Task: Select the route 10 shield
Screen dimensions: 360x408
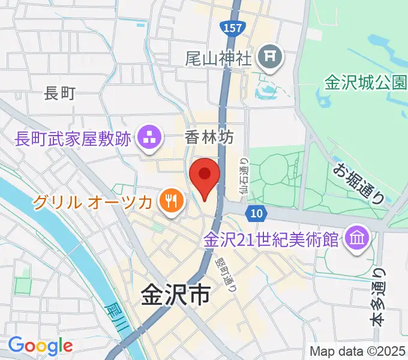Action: (256, 212)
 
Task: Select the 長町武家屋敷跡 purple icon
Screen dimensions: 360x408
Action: (148, 138)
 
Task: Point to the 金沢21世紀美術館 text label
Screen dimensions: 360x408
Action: (272, 240)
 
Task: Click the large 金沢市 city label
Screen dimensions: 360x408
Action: (175, 295)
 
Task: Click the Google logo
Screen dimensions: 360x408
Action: (40, 346)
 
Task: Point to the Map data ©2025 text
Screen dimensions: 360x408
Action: (358, 351)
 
